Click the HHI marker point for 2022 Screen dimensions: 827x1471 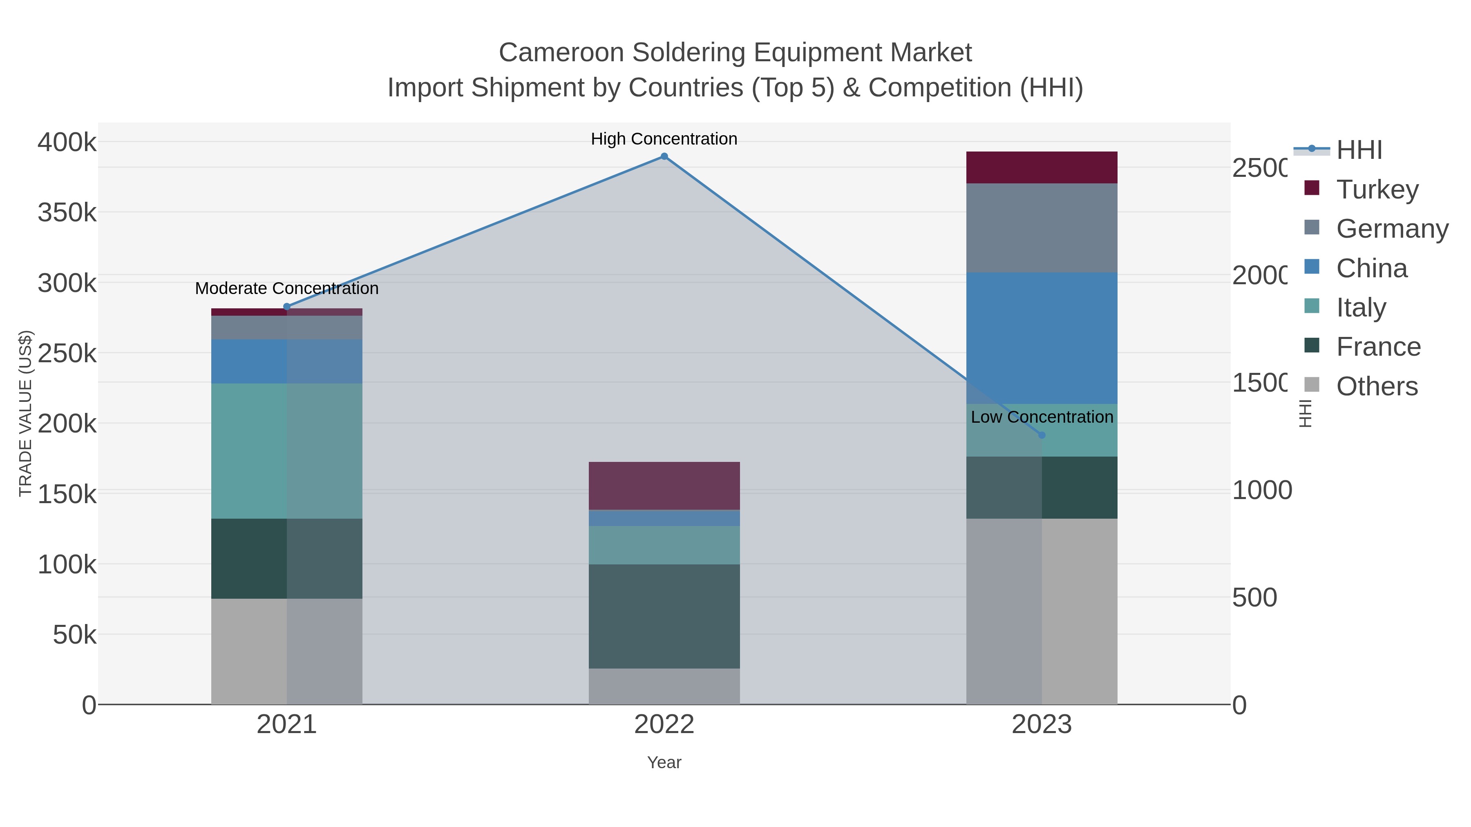664,156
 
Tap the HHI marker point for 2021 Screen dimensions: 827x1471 287,307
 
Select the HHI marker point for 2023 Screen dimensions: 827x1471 1042,435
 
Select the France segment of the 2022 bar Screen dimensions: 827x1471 664,616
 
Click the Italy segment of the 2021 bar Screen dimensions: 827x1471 287,451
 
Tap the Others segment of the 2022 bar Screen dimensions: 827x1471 664,686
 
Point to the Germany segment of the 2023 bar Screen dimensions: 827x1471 1042,228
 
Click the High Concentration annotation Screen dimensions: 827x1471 664,139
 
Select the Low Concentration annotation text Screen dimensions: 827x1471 1042,417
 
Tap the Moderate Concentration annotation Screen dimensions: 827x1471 287,289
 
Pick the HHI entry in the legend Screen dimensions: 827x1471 1359,150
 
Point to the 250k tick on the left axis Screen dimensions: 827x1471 67,354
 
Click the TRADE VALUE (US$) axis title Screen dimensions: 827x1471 26,413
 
